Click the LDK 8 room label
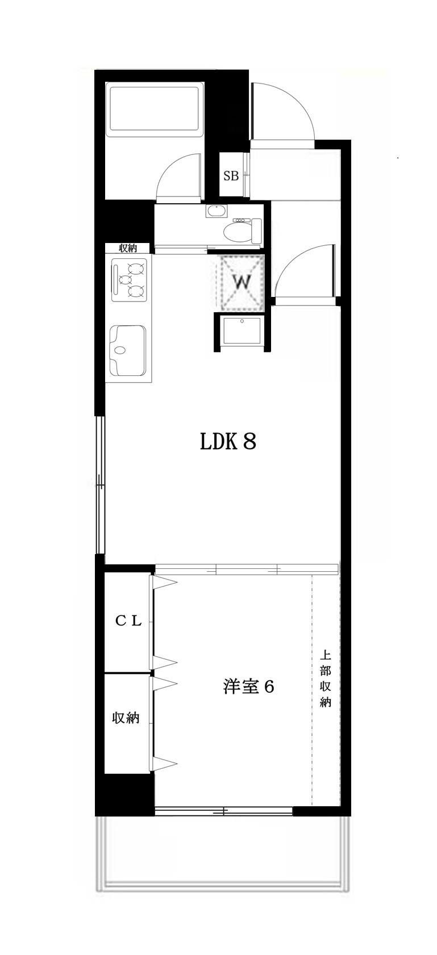point(228,441)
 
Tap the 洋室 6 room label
point(248,686)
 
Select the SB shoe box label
point(231,176)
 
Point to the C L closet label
point(128,621)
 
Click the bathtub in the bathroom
point(155,108)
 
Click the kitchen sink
point(128,350)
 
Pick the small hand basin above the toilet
point(217,211)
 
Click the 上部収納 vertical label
point(326,678)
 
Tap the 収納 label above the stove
point(128,248)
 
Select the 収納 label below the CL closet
point(126,718)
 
